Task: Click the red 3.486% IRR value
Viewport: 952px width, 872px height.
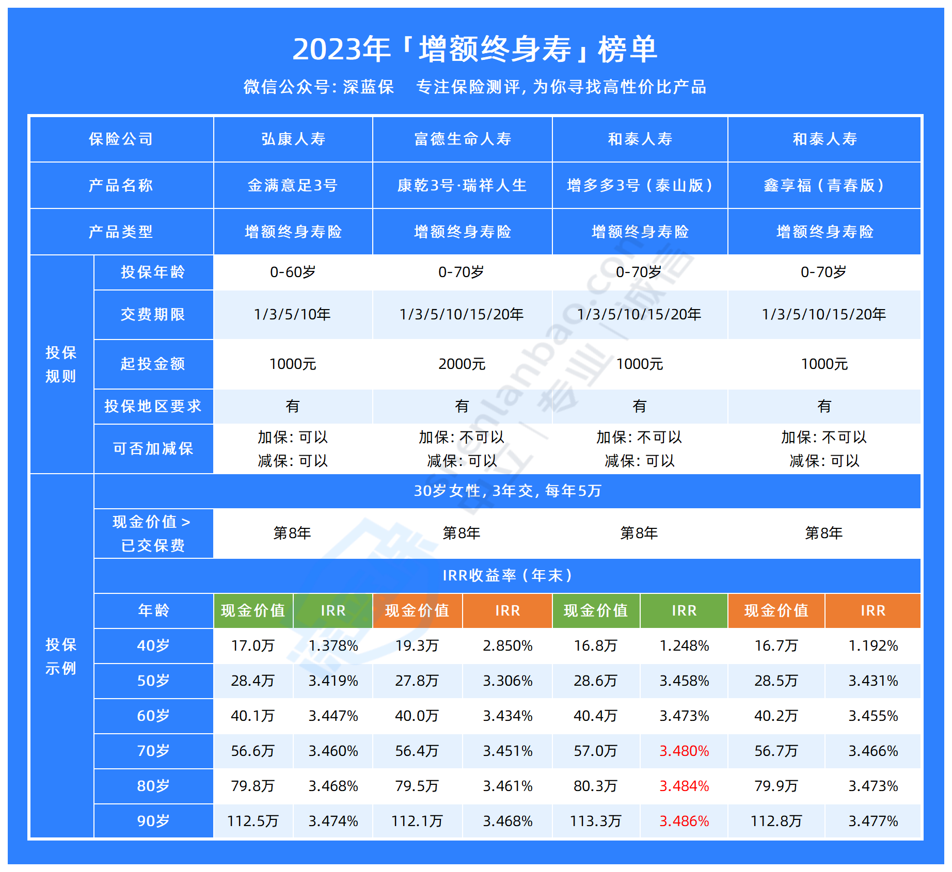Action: point(684,821)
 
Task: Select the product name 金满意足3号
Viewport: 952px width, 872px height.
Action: point(293,185)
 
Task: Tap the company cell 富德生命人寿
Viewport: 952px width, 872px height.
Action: point(463,139)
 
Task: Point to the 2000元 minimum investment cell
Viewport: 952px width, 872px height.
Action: point(462,364)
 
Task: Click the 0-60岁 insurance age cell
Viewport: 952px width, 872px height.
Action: point(293,272)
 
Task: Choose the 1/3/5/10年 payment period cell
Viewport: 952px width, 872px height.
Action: point(292,314)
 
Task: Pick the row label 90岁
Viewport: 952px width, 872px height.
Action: point(153,821)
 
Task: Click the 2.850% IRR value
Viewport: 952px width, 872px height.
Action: point(507,645)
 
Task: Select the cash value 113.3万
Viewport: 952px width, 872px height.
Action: point(596,821)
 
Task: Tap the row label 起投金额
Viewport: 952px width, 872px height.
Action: point(153,364)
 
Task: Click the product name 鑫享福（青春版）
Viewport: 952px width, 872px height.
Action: point(824,185)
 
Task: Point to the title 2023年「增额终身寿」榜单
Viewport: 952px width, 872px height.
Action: point(475,50)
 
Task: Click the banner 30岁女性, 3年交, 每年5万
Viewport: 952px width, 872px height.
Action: point(507,491)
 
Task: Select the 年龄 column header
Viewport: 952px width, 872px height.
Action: point(153,610)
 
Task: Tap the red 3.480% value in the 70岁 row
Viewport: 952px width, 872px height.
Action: point(684,751)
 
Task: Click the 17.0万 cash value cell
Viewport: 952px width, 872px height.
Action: point(253,645)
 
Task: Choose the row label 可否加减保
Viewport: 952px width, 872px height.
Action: point(153,448)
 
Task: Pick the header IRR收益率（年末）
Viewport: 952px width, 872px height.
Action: point(507,575)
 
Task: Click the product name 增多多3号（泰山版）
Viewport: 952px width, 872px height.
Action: point(640,185)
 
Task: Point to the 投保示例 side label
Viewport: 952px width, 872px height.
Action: point(61,656)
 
